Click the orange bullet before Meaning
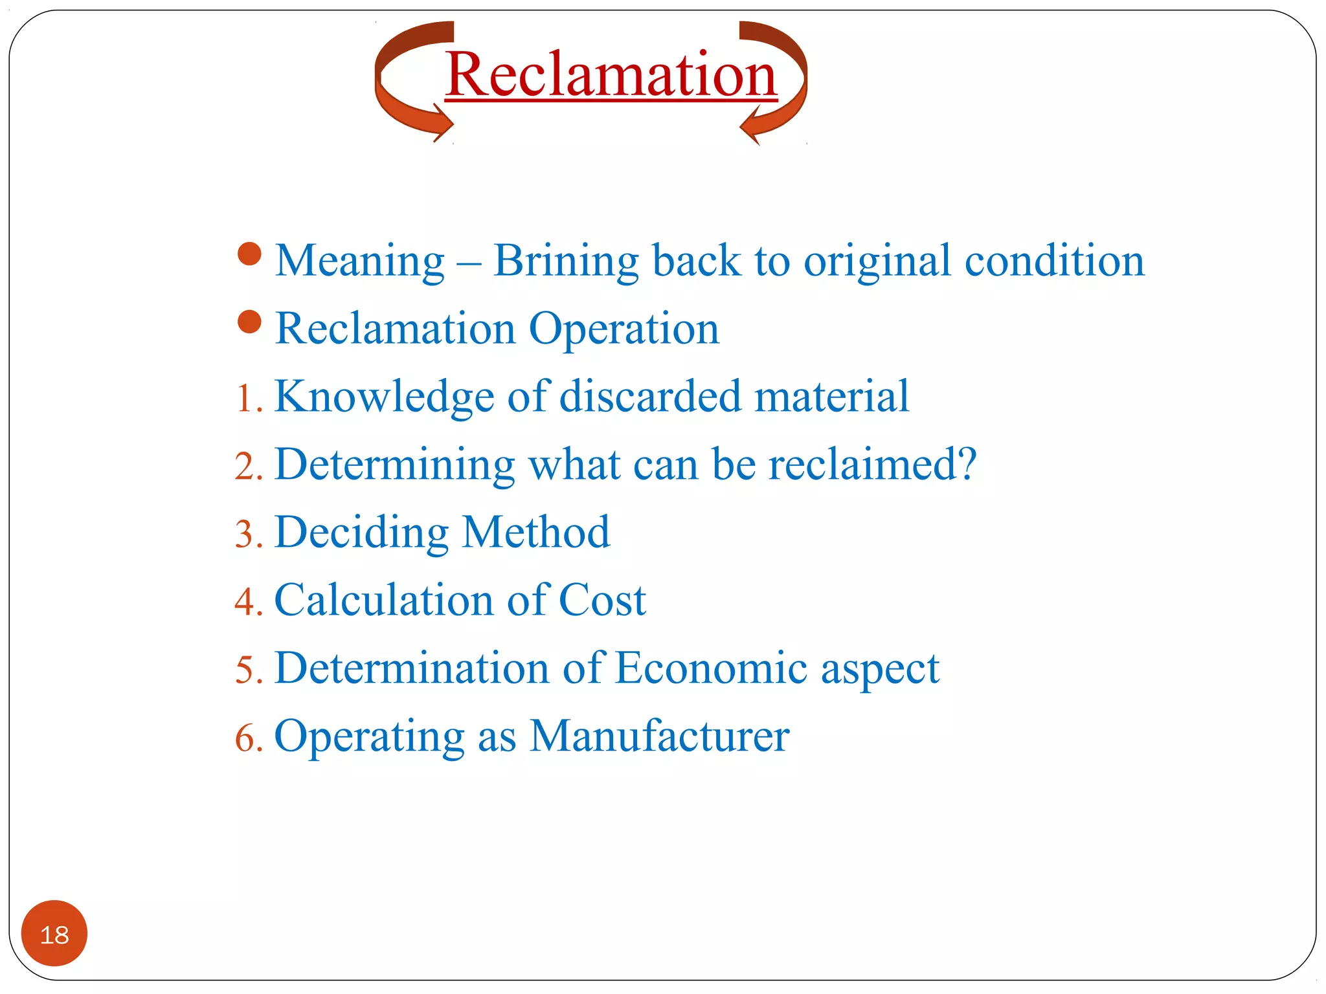coord(249,254)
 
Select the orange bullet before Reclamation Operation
coord(249,322)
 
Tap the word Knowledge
coord(385,397)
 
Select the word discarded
coord(650,396)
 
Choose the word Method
coord(536,532)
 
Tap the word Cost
coord(602,600)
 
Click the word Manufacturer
coord(659,736)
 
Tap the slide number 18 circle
coord(54,933)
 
